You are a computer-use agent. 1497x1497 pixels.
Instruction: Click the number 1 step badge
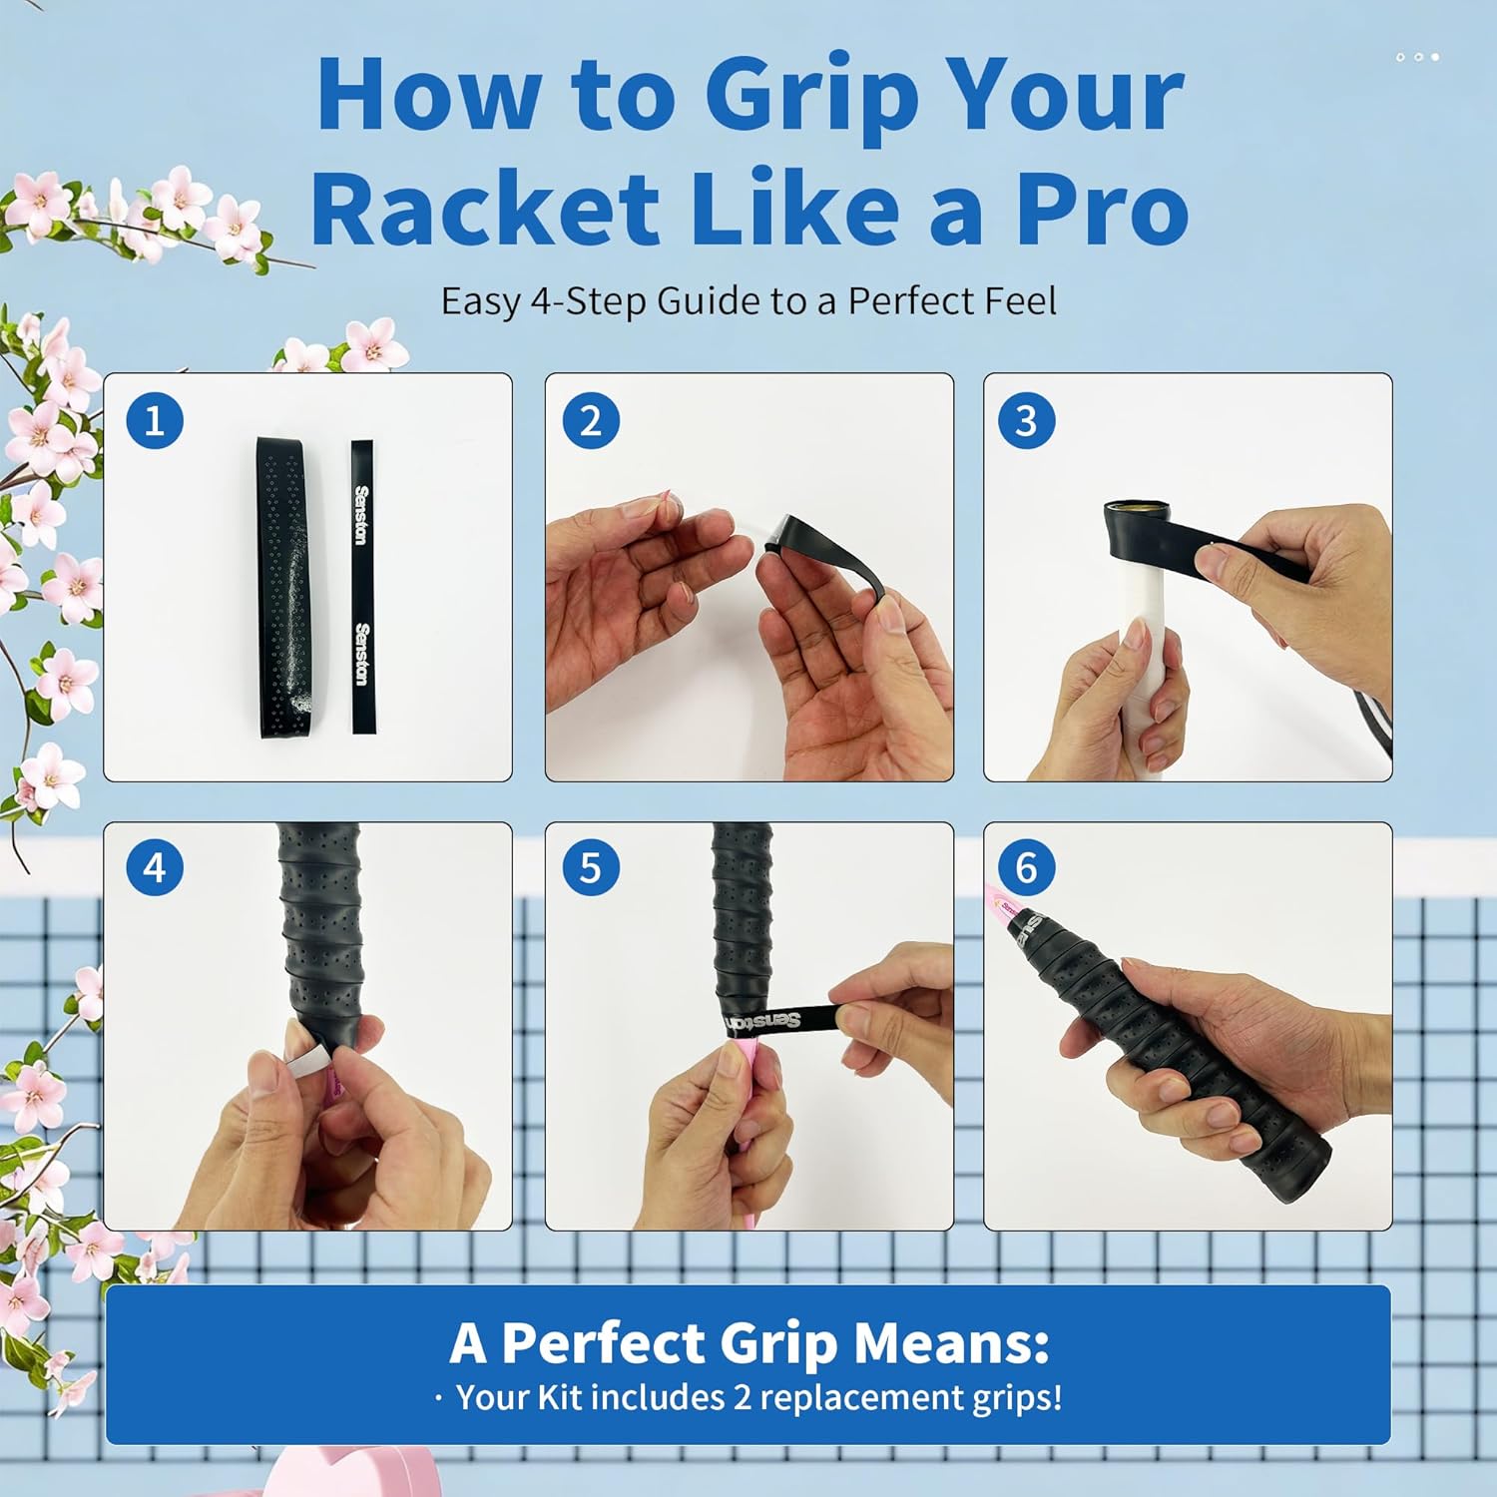tap(155, 420)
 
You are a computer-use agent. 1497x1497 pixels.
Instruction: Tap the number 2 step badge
tap(591, 420)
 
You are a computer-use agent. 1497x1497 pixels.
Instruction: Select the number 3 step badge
tap(1026, 420)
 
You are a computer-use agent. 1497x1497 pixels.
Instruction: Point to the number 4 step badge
tap(155, 867)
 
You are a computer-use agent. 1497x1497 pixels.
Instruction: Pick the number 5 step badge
tap(591, 867)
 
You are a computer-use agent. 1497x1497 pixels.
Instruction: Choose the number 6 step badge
tap(1026, 867)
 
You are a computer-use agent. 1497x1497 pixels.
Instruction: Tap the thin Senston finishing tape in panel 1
tap(361, 586)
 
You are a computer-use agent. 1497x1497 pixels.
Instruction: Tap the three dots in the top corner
tap(1418, 57)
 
